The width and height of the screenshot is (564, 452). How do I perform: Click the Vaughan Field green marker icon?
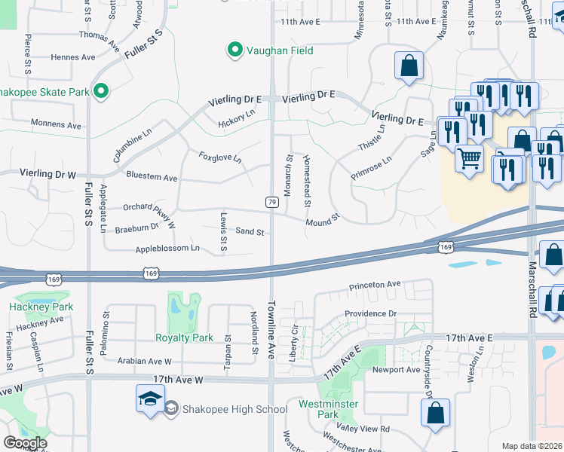click(x=235, y=51)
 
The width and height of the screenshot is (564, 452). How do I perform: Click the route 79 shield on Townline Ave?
click(x=271, y=201)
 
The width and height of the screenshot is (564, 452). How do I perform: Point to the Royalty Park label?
click(x=184, y=337)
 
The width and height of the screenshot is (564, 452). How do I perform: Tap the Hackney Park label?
click(x=41, y=307)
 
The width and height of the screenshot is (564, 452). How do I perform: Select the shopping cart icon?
click(x=470, y=159)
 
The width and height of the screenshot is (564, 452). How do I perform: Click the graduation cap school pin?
click(x=150, y=399)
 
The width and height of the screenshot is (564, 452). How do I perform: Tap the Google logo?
click(x=25, y=442)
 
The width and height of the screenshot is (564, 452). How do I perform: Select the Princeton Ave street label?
click(x=375, y=286)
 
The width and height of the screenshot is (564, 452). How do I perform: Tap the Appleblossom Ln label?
click(x=167, y=248)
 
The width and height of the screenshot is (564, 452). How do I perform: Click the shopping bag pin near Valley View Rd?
click(x=435, y=413)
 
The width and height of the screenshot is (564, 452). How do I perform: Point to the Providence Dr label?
click(x=370, y=313)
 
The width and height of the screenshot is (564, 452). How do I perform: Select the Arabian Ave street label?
click(x=146, y=361)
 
